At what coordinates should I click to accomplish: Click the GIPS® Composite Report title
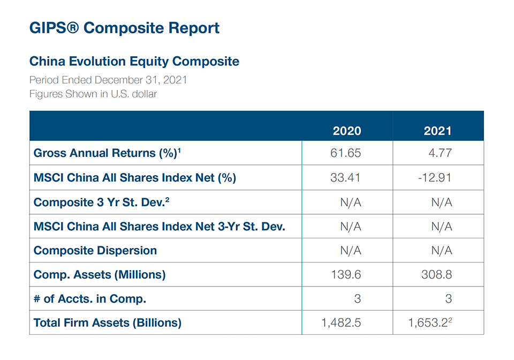124,28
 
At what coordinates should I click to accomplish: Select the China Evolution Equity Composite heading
134,61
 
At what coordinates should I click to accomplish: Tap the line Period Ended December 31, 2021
108,80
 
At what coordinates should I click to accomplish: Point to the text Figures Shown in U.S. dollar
93,94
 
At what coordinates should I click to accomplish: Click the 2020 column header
347,131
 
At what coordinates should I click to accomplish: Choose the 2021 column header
437,131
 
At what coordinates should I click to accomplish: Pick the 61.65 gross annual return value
347,153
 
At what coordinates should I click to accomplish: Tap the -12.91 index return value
435,177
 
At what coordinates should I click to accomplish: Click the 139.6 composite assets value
347,275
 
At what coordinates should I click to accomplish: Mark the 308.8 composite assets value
437,275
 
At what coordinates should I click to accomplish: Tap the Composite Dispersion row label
95,251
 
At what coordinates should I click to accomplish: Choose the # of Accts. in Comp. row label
90,299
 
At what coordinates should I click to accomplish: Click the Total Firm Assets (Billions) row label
108,323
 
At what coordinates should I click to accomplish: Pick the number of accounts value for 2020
358,299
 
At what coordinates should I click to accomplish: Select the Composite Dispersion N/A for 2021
442,251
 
